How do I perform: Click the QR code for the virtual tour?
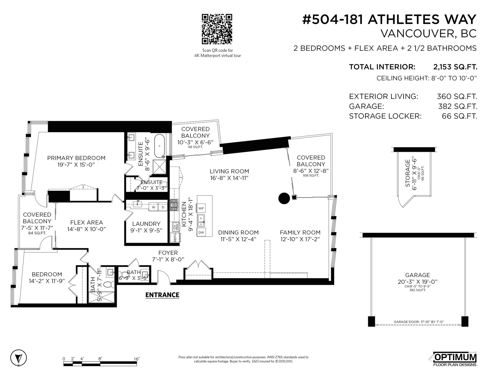217,29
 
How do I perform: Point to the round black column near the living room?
284,198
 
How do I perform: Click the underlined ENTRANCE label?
162,295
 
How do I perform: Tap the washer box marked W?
154,207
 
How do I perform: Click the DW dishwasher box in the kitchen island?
201,232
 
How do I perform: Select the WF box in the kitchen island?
201,208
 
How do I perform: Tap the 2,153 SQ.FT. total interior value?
455,67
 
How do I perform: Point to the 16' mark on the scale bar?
137,359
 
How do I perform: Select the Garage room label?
418,275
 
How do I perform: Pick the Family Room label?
300,232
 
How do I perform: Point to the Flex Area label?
87,223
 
